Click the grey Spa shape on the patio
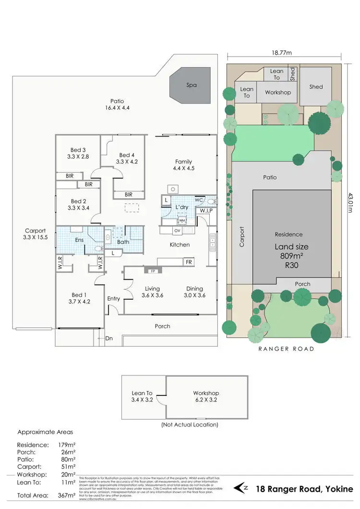coord(192,85)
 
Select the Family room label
coord(183,165)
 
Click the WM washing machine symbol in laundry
coord(182,221)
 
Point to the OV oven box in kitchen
coord(177,231)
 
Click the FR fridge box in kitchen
coord(189,262)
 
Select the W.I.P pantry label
coord(206,211)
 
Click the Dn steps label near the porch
coord(108,338)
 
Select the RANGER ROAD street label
coord(287,349)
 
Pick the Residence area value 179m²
coord(56,445)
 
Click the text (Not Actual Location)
coord(190,425)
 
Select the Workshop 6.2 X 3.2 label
coord(206,396)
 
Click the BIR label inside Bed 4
coord(129,194)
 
